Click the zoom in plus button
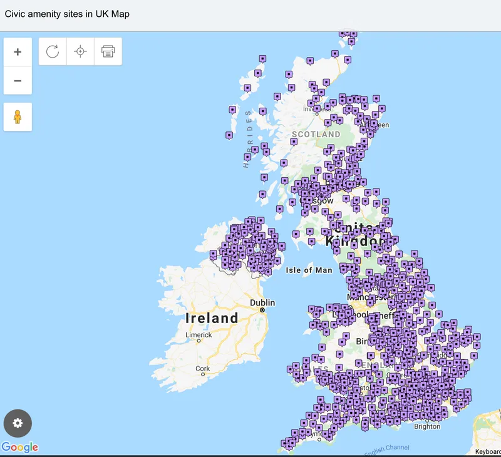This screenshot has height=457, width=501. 18,52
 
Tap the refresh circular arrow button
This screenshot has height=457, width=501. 53,52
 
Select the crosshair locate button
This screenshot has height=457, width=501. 80,52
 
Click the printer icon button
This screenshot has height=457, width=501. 108,52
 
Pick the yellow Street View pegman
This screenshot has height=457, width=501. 18,117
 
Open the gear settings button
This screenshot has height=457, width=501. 18,423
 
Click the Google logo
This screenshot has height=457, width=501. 19,447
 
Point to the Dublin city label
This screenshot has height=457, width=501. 263,302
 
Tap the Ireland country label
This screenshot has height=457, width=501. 212,318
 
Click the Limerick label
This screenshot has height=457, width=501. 199,335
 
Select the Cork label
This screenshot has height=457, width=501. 202,369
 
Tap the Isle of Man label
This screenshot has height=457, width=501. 309,270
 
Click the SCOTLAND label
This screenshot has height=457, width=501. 316,135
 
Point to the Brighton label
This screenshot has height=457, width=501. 427,426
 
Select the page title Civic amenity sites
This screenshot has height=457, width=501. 67,13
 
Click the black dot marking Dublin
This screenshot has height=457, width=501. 263,310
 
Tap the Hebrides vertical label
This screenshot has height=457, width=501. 248,138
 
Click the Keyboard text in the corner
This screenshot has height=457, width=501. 487,451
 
